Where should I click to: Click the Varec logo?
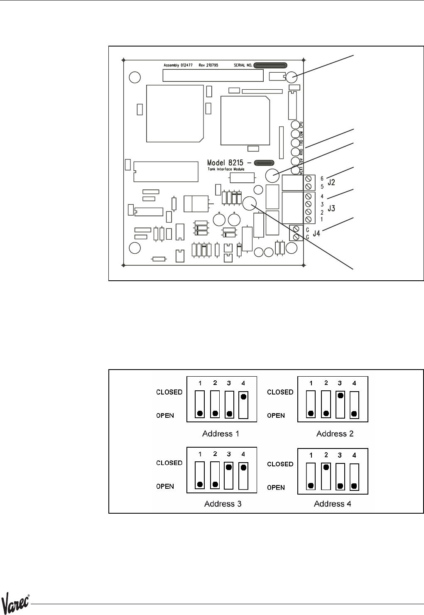[x=16, y=603]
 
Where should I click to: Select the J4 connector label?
[x=316, y=233]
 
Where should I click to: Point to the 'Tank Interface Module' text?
[x=226, y=169]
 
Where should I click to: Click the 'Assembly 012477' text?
[x=179, y=66]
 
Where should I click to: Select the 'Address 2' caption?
[x=335, y=434]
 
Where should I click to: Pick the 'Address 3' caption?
[x=223, y=504]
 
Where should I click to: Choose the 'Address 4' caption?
[x=333, y=504]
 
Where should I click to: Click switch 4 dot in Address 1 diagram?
[x=243, y=397]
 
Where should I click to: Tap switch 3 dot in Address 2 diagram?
[x=340, y=396]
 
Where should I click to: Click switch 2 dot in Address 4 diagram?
[x=326, y=467]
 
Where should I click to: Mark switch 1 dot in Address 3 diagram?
[x=200, y=484]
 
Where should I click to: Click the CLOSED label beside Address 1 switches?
[x=169, y=392]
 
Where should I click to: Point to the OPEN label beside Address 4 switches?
[x=276, y=488]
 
